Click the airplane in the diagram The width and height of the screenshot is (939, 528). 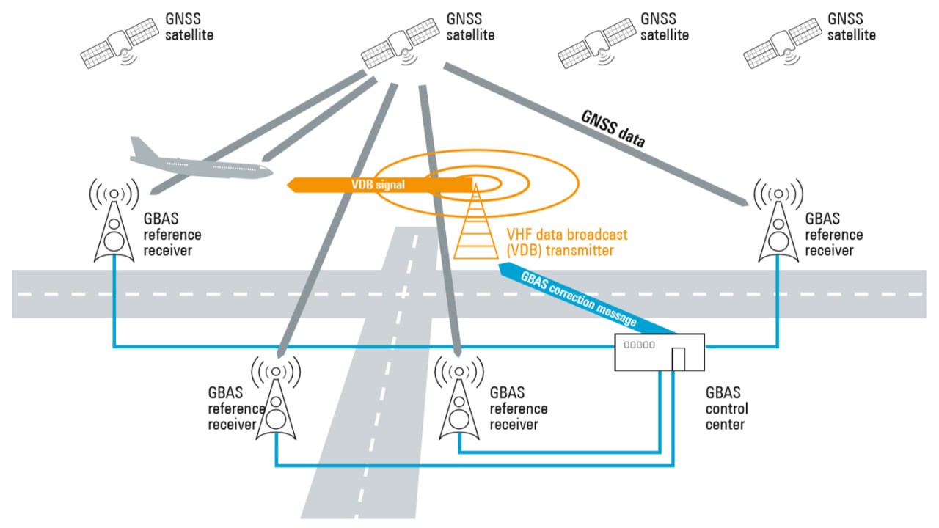[x=202, y=161]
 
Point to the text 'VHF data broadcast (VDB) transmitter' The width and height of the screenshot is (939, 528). [x=566, y=243]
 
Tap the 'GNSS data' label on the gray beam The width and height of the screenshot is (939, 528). [x=613, y=129]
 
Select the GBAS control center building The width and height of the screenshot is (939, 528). [x=659, y=352]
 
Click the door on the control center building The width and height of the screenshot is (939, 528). [x=679, y=359]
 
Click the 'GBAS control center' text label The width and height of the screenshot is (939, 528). [x=726, y=408]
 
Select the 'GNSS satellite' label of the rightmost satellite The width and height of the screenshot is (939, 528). [x=851, y=26]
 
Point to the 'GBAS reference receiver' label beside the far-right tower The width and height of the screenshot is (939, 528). [x=834, y=235]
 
